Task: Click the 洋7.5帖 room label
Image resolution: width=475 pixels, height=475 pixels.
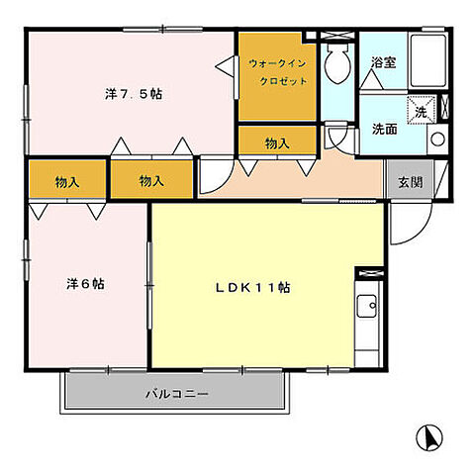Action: [134, 95]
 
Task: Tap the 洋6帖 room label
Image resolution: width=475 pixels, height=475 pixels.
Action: [87, 284]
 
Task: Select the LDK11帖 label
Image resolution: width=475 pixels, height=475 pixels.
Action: [253, 287]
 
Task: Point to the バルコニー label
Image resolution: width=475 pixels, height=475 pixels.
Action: [176, 394]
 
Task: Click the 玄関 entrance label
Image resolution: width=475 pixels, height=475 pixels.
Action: [410, 182]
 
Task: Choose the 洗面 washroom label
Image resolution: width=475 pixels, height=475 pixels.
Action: [384, 129]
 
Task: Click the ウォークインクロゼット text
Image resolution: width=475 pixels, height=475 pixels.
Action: [278, 71]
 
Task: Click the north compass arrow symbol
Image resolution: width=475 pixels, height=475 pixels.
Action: [428, 435]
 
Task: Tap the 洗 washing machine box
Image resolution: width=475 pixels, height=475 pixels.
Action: [422, 111]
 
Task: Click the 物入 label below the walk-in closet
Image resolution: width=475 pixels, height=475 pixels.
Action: [277, 143]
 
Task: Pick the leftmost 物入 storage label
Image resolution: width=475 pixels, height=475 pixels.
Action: [67, 182]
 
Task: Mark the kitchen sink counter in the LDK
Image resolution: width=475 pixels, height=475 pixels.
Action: [367, 322]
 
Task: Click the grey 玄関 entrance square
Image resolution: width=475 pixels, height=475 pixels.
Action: [410, 182]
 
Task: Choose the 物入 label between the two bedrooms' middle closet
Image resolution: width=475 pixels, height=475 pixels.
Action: [150, 182]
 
